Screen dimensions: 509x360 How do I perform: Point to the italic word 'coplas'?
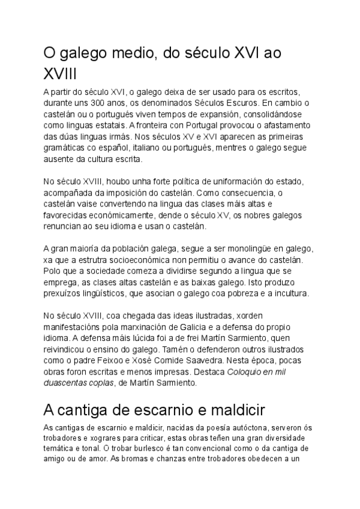110,382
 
